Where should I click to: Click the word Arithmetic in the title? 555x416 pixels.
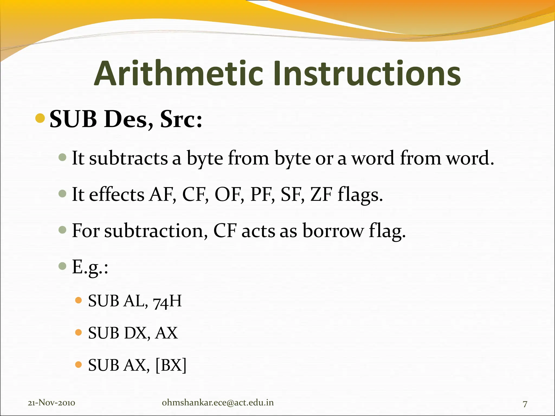[x=179, y=74]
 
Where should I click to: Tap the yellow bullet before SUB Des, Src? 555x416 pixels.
[x=40, y=118]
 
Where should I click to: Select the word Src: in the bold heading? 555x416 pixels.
[x=181, y=119]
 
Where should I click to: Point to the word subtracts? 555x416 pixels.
[x=128, y=158]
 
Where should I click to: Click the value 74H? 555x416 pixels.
[x=167, y=301]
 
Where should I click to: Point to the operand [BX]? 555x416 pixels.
[x=171, y=365]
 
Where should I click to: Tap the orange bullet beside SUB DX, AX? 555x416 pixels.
[x=78, y=332]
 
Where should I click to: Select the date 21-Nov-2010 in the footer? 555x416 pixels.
[x=51, y=403]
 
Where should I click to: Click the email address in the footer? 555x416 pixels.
[x=218, y=402]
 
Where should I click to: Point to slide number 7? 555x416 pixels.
[x=525, y=404]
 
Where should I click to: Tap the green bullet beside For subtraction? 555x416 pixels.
[x=63, y=230]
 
